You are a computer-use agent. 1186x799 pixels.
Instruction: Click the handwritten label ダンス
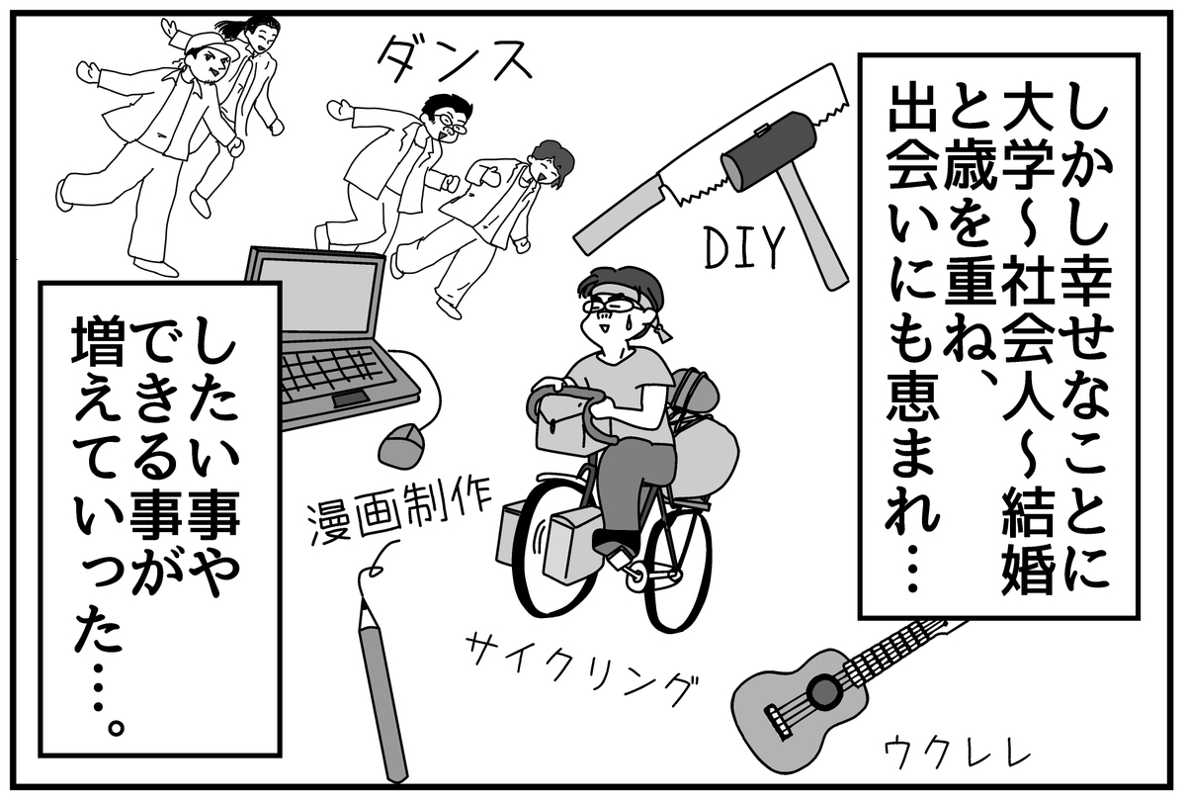[x=455, y=62]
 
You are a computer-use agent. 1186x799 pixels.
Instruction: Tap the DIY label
[x=744, y=246]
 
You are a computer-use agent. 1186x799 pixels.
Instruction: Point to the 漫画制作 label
[x=398, y=513]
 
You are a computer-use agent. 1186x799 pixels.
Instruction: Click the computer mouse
[x=401, y=444]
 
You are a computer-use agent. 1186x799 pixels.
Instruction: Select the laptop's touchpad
[x=350, y=399]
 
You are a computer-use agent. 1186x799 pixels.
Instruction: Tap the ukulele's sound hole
[x=824, y=691]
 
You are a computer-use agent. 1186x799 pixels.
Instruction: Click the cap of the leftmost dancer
[x=211, y=45]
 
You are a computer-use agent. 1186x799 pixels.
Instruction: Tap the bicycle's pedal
[x=620, y=558]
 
